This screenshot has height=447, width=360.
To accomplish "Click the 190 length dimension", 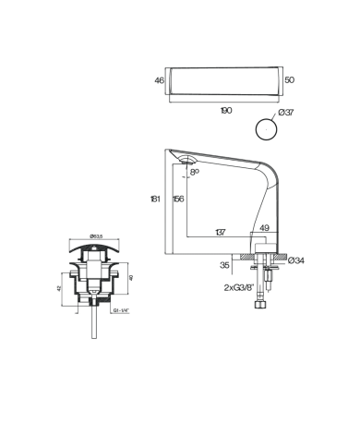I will coord(226,109).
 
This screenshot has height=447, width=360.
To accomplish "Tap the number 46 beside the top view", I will coord(158,81).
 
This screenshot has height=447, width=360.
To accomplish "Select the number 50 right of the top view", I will coord(291,81).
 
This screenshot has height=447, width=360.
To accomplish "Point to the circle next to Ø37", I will coord(266,127).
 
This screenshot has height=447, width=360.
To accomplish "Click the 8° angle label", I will coord(194,172).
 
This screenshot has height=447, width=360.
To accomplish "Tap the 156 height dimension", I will coord(177,199).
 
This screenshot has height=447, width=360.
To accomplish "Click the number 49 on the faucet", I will coord(263,228).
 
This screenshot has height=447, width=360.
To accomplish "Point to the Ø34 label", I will coord(297,260).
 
